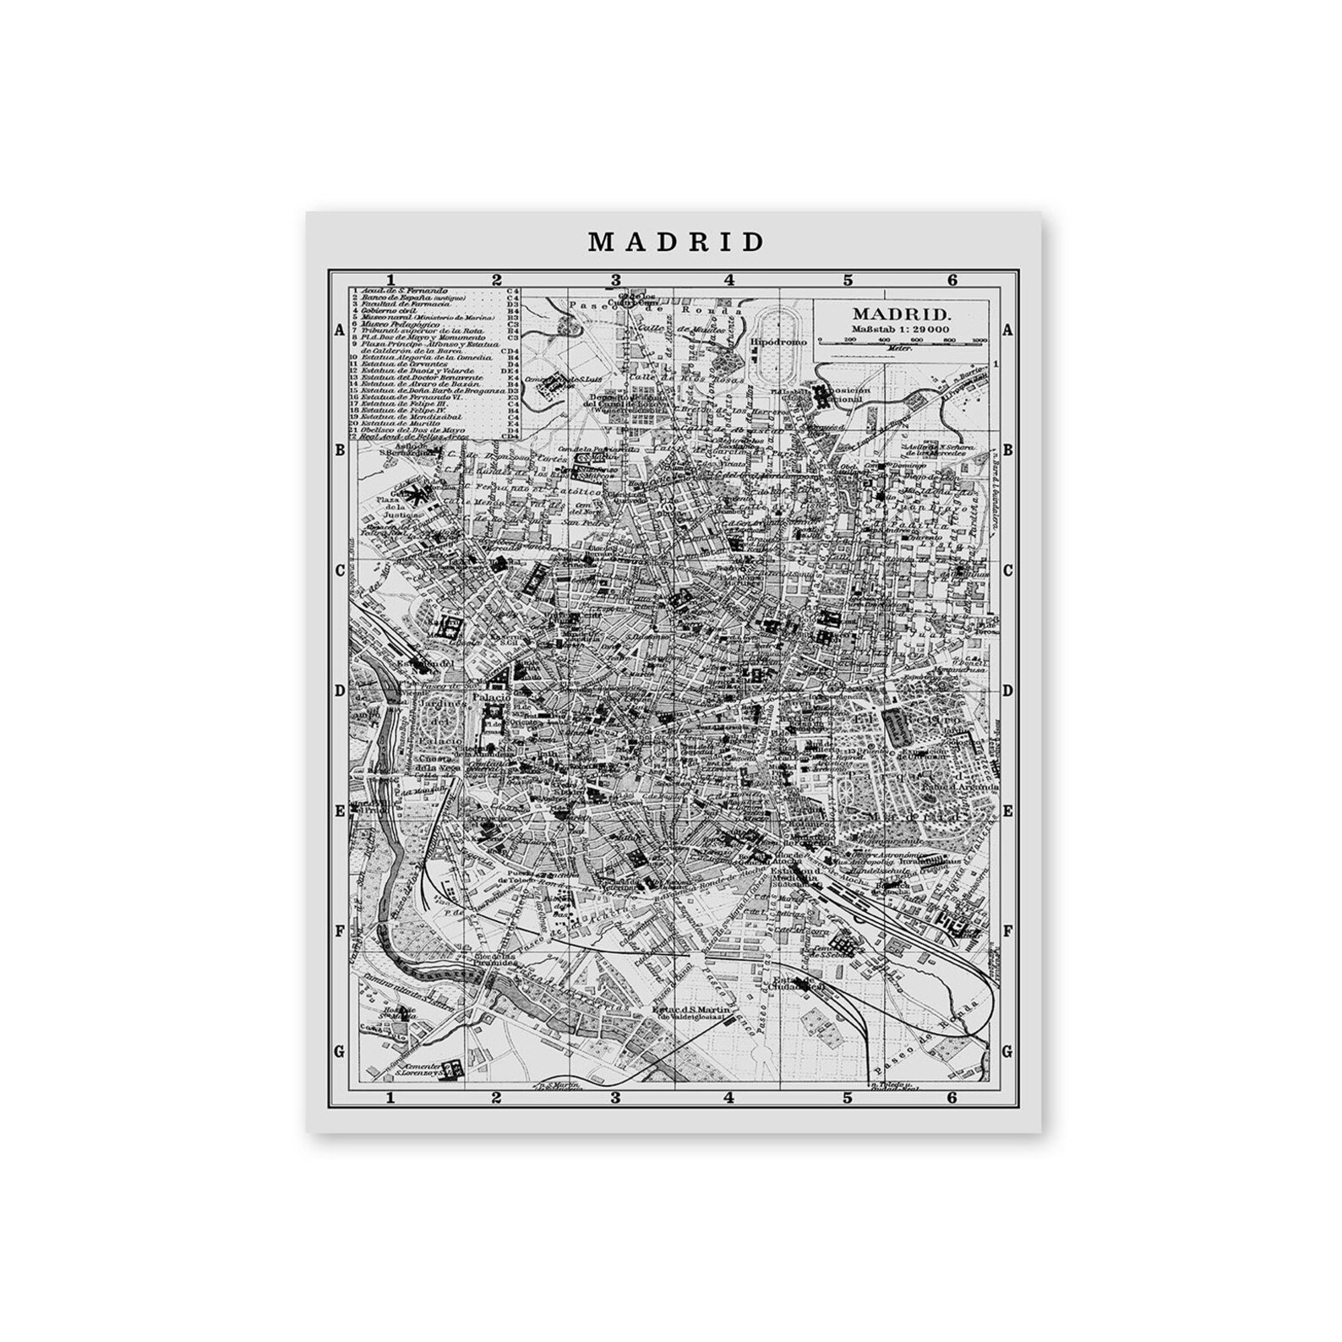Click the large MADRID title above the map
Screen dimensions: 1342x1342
[x=675, y=243]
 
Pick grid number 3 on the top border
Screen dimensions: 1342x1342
[x=616, y=280]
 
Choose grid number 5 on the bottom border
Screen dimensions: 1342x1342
[x=847, y=1099]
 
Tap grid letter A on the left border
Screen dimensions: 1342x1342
[x=339, y=331]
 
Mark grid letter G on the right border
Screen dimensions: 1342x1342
[x=1006, y=1052]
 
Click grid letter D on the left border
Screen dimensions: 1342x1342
[x=340, y=690]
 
